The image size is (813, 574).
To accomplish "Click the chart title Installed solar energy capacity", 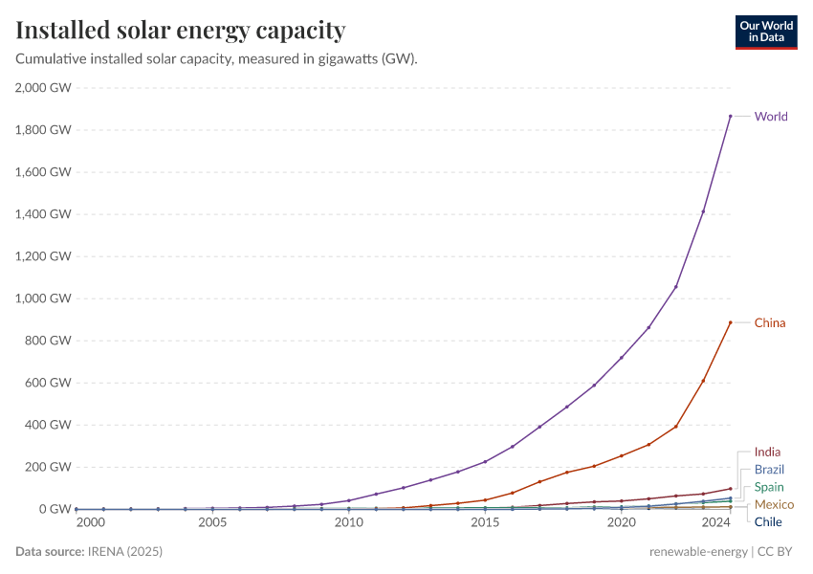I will [x=181, y=31].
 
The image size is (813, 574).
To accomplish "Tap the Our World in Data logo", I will [x=766, y=32].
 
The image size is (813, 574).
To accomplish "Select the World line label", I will [x=771, y=117].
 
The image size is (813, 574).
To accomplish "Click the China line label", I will [x=770, y=322].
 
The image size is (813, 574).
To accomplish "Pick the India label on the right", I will [x=767, y=452].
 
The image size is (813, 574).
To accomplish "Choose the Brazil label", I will [x=769, y=470].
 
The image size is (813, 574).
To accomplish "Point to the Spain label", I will [x=769, y=487].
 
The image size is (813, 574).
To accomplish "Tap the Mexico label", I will [x=774, y=504].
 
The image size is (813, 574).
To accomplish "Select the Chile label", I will [x=768, y=521].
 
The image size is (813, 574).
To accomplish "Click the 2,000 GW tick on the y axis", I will [x=43, y=87].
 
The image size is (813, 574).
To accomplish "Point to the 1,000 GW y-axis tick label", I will [x=43, y=298].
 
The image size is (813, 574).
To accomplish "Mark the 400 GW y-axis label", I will [x=48, y=425].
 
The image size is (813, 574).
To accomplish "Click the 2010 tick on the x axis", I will [x=348, y=523].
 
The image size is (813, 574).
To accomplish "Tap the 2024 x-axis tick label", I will [x=716, y=523].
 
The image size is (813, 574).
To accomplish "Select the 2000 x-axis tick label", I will [x=90, y=523].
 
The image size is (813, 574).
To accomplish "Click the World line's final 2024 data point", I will [x=731, y=117].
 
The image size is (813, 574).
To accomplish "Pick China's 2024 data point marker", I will [x=731, y=322].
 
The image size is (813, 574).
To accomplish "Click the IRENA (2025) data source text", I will [x=124, y=552].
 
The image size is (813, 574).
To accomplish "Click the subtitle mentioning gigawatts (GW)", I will [x=216, y=58].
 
